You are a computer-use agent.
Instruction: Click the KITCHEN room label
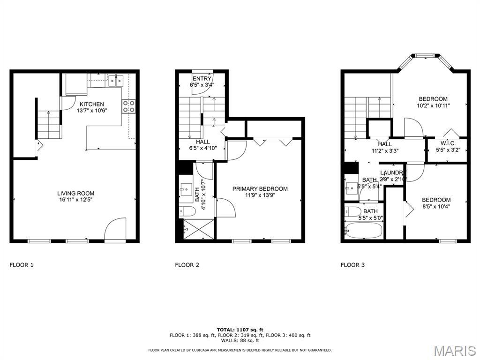coord(91,104)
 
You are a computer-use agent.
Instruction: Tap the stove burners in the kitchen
coord(129,106)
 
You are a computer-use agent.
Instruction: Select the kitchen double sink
coord(116,80)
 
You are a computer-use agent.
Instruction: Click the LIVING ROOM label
coord(75,193)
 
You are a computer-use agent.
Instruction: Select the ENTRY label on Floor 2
coord(202,78)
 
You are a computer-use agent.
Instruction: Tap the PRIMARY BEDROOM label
coord(260,189)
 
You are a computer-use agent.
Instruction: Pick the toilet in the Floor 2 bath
coord(187,211)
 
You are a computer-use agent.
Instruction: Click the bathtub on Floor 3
coord(364,230)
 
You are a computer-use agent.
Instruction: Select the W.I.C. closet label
coord(447,143)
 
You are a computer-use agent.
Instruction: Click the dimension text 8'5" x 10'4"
coord(436,207)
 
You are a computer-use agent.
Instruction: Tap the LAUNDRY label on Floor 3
coord(391,172)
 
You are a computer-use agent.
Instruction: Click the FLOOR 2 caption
coord(187,265)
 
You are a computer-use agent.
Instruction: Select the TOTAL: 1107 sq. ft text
coord(240,330)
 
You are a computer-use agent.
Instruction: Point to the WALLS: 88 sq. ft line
coord(240,341)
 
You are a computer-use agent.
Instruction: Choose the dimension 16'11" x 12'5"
coord(75,200)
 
